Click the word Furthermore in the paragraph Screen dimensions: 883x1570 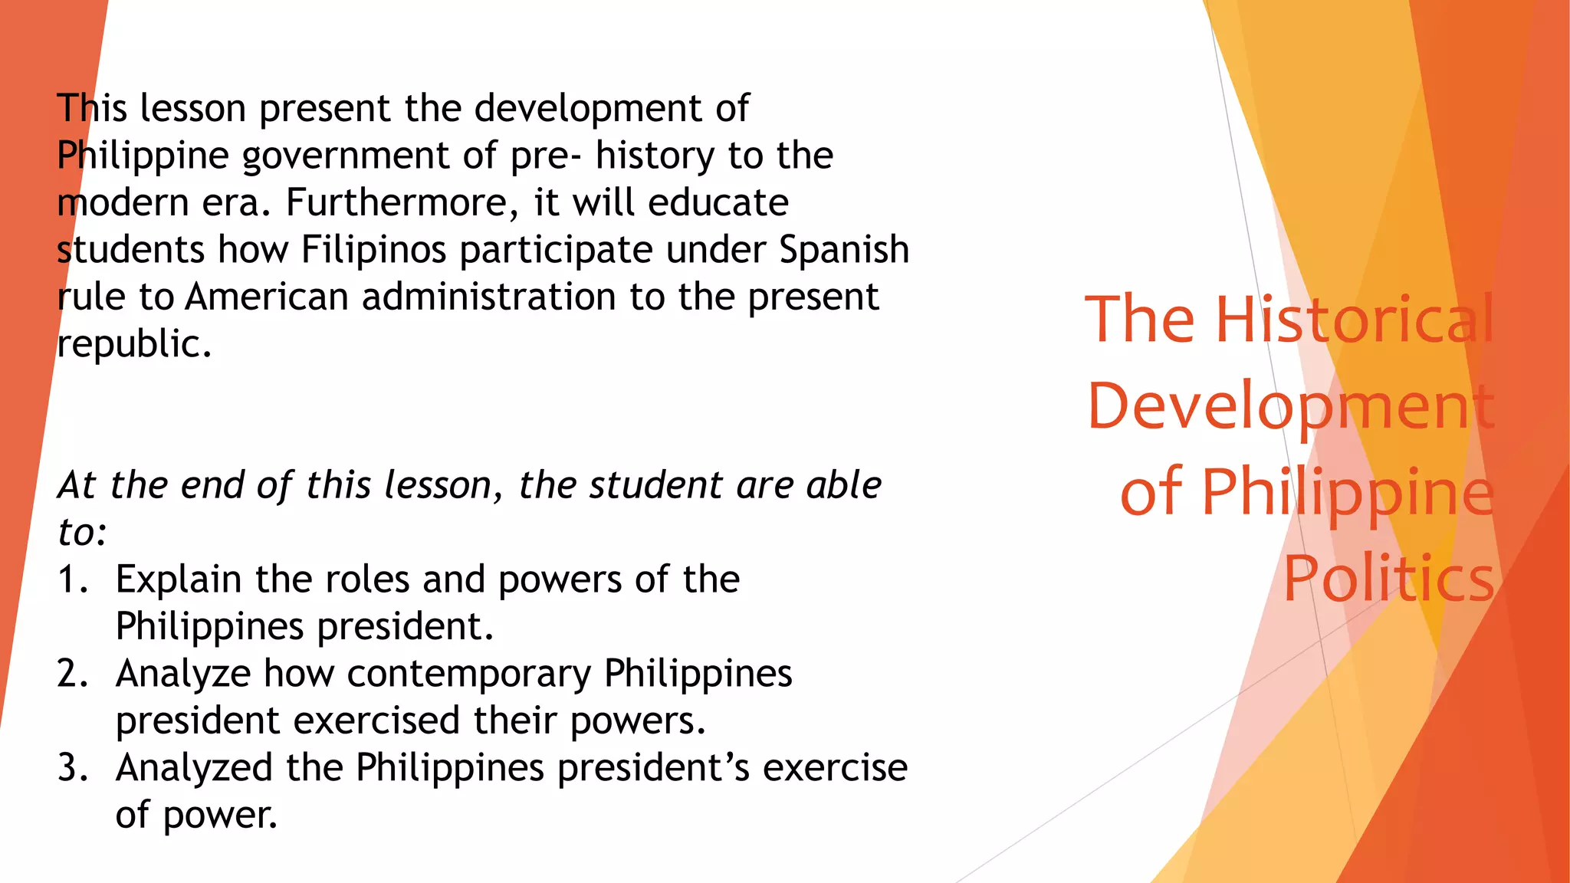coord(398,203)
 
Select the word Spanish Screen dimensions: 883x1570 coord(844,251)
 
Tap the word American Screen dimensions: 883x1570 coord(267,297)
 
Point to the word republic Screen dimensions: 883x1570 coord(134,344)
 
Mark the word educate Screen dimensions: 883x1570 coord(718,203)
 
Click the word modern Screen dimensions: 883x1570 coord(123,203)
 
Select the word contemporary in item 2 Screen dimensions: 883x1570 coord(468,675)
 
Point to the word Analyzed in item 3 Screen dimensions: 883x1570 coord(194,768)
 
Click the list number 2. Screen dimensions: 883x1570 coord(72,675)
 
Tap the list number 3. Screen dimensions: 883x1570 coord(72,768)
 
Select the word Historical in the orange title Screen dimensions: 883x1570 coord(1355,319)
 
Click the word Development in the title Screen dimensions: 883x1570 coord(1291,406)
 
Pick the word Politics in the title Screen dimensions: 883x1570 coord(1388,579)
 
